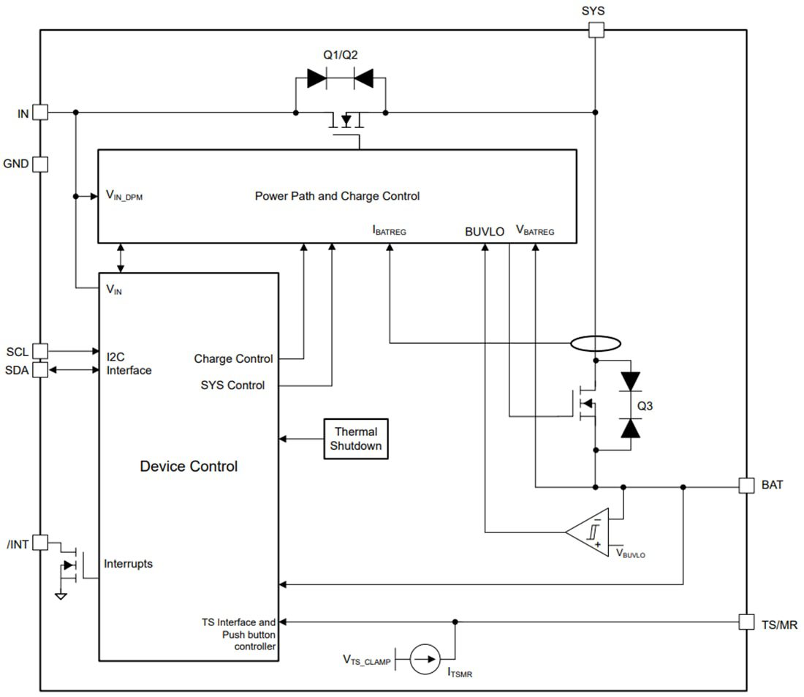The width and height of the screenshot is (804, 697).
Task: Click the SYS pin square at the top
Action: click(596, 29)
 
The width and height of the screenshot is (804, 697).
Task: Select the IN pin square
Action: click(40, 113)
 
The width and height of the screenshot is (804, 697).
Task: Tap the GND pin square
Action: click(40, 164)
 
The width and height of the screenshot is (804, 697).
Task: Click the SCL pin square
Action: click(40, 352)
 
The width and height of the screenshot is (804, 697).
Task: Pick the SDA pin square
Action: click(40, 370)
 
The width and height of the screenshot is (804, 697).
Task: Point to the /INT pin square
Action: click(40, 543)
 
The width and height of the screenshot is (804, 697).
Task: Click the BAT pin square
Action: click(746, 486)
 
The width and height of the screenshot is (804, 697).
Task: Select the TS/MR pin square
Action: click(746, 622)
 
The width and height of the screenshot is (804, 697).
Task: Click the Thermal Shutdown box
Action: click(356, 439)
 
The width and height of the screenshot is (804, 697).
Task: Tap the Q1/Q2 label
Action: click(341, 55)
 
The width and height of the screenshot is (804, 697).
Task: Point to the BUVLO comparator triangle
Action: click(591, 532)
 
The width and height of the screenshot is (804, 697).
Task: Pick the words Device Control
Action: click(189, 467)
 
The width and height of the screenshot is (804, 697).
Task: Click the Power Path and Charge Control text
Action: click(337, 196)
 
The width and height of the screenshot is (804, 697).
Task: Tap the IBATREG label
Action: click(389, 231)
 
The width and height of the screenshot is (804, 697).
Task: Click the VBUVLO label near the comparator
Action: click(630, 554)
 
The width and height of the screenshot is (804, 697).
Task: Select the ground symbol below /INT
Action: click(61, 595)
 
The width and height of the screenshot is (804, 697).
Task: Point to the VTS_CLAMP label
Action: click(367, 660)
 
